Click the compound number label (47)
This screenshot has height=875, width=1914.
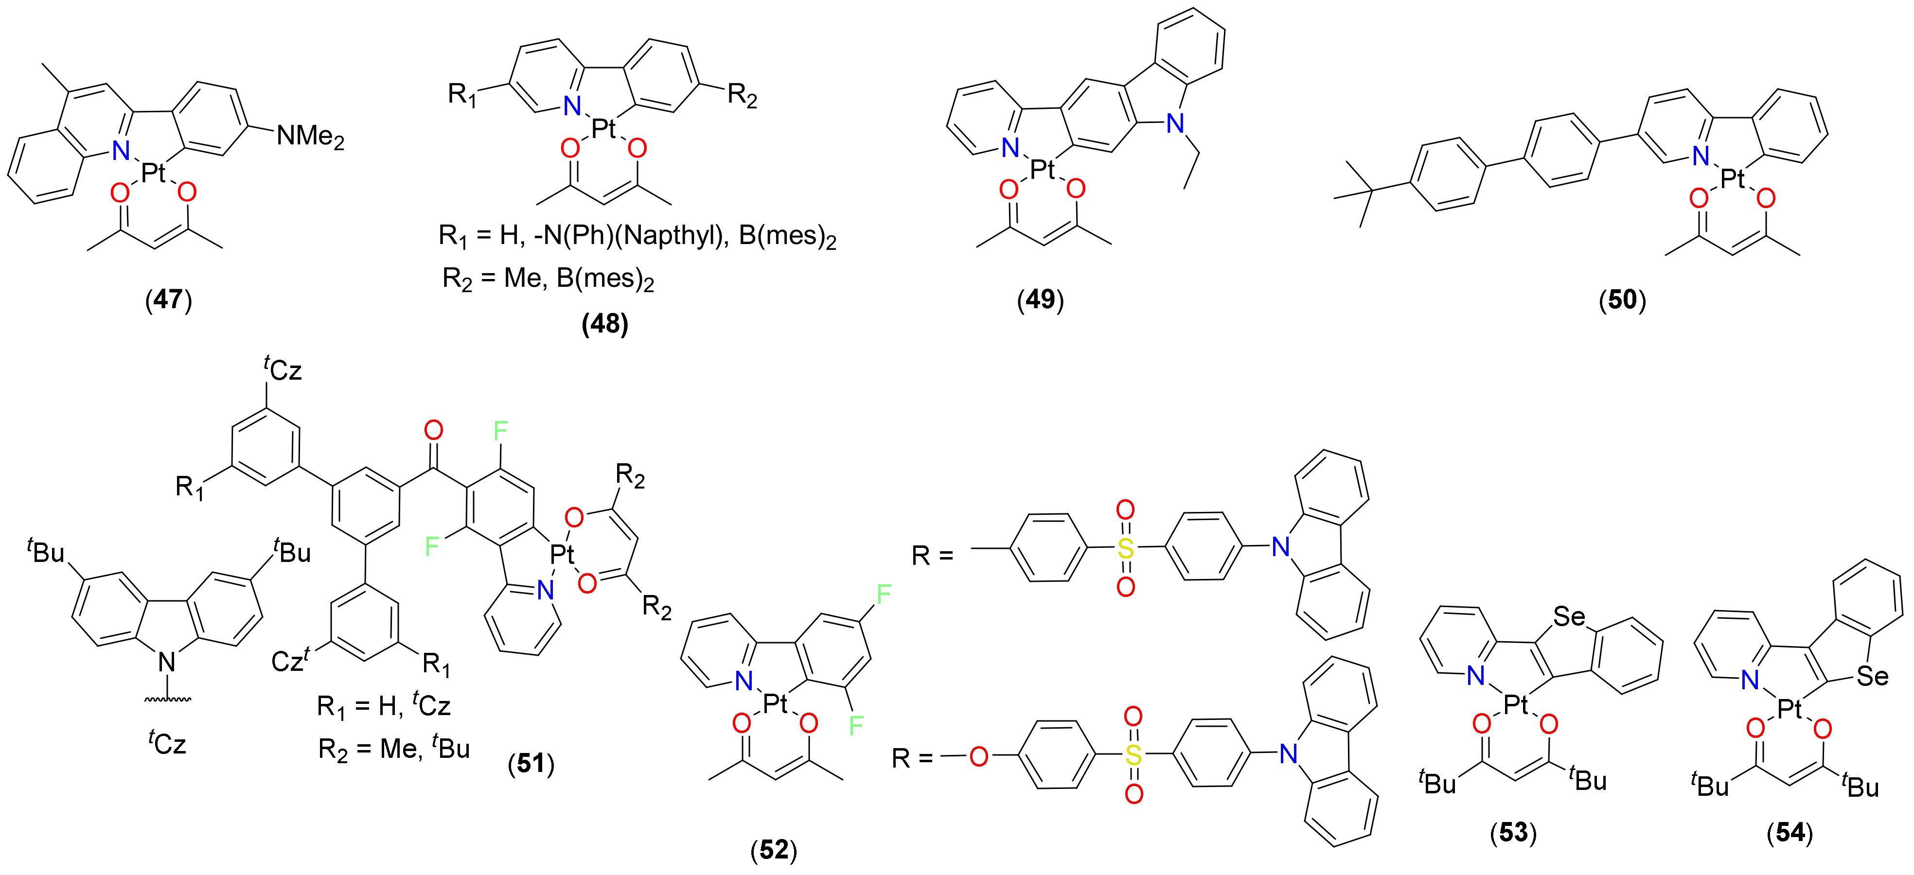coord(169,299)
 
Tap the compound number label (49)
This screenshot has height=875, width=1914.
coord(1040,299)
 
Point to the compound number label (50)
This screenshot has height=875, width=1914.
coord(1623,299)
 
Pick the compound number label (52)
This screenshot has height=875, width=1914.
coord(774,850)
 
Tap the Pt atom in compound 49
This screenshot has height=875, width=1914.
coord(1043,170)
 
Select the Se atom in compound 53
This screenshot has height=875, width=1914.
coord(1569,616)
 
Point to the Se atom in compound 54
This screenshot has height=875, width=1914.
coord(1872,676)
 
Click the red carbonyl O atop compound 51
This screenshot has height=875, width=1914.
coord(433,430)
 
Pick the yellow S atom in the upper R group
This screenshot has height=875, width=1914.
coord(1126,549)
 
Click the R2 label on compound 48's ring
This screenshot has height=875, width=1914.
coord(742,96)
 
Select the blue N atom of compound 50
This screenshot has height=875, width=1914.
coord(1701,156)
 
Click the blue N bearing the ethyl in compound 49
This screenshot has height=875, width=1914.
coord(1175,123)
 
